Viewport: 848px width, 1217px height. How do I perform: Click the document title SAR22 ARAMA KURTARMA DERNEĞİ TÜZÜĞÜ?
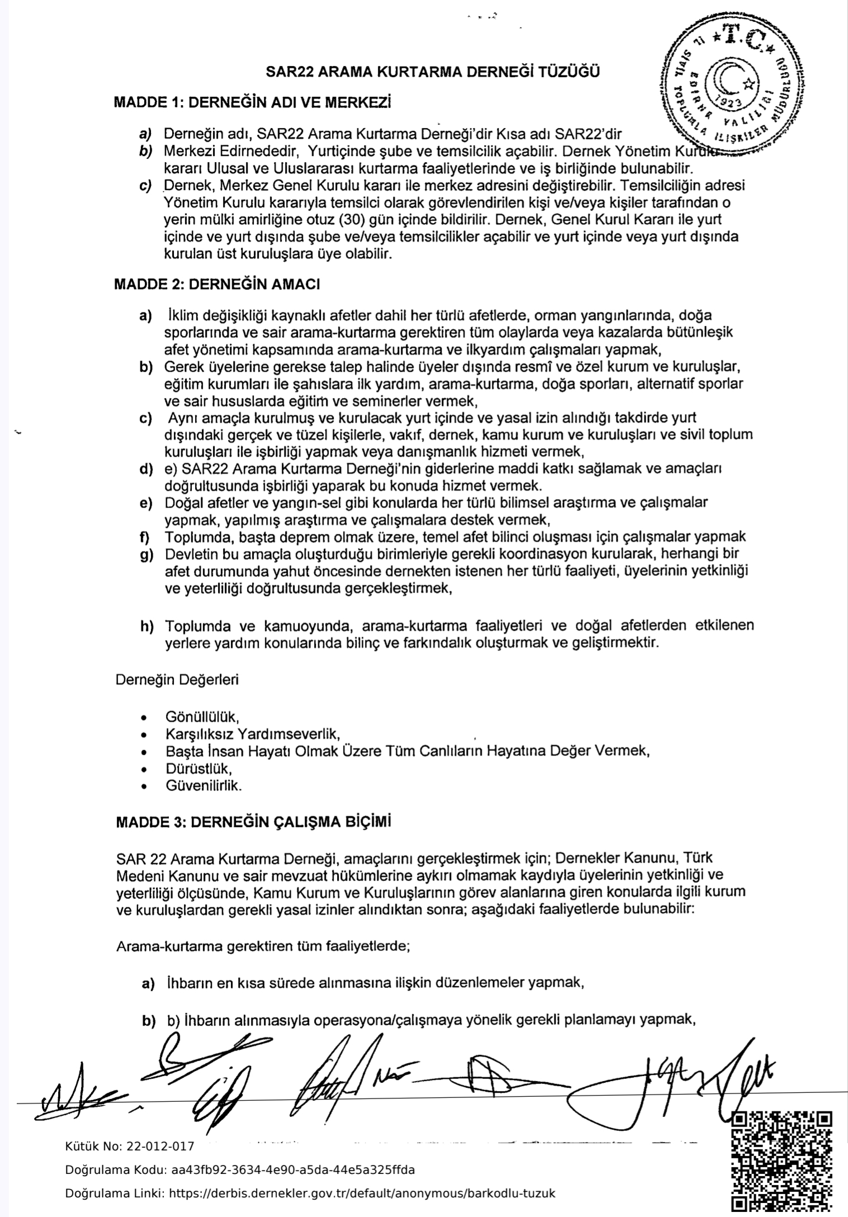tap(433, 72)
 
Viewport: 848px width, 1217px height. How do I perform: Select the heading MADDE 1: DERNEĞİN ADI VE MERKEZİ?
tap(252, 103)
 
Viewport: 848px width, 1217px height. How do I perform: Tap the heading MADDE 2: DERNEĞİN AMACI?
tap(217, 284)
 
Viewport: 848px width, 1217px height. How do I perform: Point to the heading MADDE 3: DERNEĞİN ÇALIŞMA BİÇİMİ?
tap(253, 823)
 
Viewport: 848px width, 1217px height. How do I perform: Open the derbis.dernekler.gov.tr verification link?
tap(362, 1194)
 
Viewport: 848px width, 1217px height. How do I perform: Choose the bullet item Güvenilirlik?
tap(203, 785)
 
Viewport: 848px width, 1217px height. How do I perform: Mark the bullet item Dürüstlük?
tap(198, 768)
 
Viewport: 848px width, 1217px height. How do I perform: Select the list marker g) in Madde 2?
tap(146, 555)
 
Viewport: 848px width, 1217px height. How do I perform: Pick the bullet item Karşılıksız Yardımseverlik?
tap(253, 733)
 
